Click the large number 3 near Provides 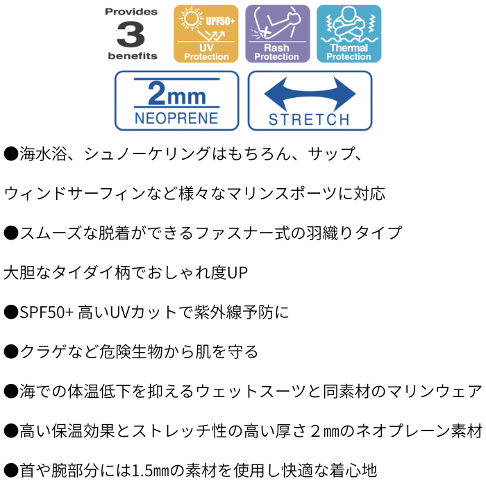[131, 34]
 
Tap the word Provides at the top [131, 12]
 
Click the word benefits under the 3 [133, 56]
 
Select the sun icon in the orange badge [190, 19]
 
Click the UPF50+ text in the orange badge [220, 21]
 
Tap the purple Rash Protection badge [278, 34]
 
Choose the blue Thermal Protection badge [349, 34]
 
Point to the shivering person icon [349, 23]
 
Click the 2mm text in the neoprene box [176, 93]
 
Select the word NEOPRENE [176, 119]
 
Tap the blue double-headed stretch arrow [310, 94]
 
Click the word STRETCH [309, 119]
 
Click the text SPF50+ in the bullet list [47, 312]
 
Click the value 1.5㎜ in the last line [151, 471]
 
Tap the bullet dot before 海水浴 [11, 154]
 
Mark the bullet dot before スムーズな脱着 [11, 233]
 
